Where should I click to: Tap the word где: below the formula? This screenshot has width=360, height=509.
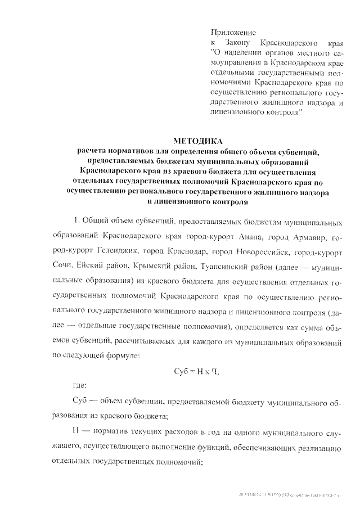point(80,385)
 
